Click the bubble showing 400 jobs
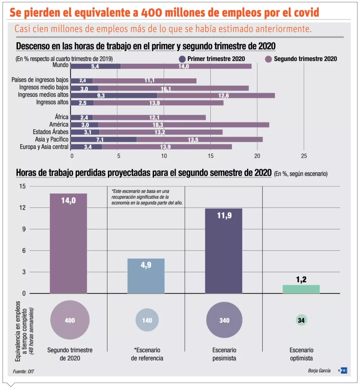70,320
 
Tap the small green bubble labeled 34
301,320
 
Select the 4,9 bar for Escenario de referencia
146,276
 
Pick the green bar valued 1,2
301,289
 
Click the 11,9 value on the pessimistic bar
224,216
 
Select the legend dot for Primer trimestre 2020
182,59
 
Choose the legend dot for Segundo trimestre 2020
269,59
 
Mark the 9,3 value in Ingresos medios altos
101,96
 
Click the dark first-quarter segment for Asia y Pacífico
104,139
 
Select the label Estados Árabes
51,132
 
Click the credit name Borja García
319,371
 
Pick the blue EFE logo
343,371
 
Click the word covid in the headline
304,13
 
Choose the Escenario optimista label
301,354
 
